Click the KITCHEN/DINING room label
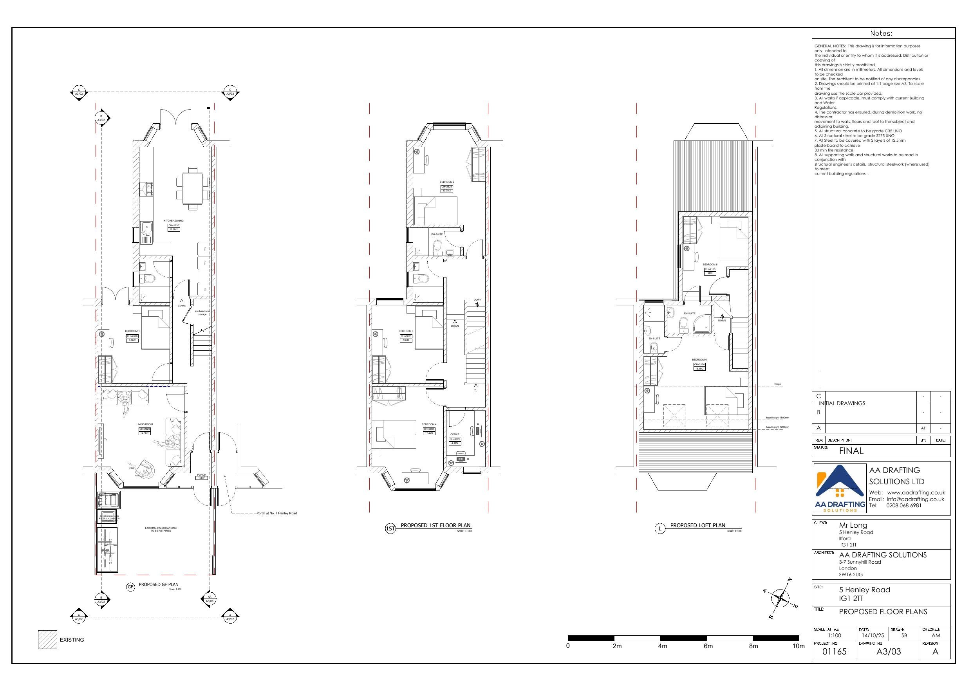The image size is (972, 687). coord(173,220)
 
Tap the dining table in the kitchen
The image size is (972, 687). coord(193,189)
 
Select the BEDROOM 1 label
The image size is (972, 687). coord(132,331)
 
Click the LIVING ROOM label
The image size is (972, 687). coord(145,424)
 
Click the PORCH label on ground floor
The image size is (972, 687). coord(202,474)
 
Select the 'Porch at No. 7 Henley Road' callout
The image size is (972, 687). coord(276,513)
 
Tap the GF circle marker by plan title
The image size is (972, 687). coord(130,587)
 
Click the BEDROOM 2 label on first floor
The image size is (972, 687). coord(447,182)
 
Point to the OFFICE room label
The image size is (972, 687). coord(455,434)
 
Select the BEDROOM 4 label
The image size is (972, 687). coord(429,424)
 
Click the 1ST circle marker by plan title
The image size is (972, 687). coord(390,528)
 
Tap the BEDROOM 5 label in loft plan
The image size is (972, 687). coord(710,265)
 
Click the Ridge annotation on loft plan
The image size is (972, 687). coord(777,384)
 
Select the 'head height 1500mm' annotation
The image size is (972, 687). coord(777,418)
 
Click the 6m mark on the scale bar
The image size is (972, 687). coord(708,646)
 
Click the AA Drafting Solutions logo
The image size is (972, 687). coord(840,489)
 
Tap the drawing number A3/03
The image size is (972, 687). coord(888,651)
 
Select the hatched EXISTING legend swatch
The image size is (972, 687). coord(47,640)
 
